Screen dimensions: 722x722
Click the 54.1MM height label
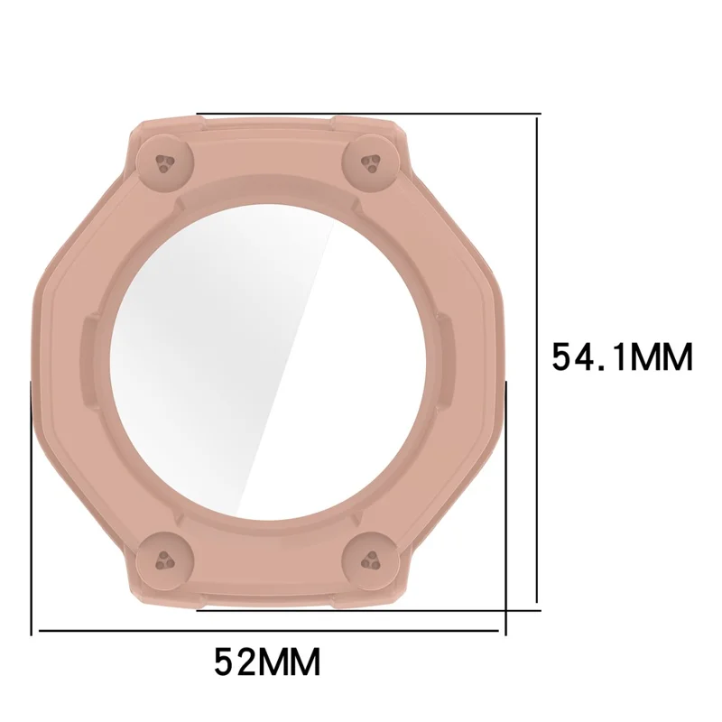click(x=622, y=356)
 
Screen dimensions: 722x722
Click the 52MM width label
click(x=267, y=662)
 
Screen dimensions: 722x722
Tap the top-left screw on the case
click(x=165, y=163)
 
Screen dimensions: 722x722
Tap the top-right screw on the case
click(x=371, y=163)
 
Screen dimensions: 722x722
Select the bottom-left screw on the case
click(x=165, y=560)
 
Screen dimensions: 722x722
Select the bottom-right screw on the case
click(x=371, y=560)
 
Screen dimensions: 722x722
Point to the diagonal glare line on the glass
click(x=284, y=364)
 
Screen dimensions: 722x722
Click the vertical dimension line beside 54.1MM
click(x=536, y=360)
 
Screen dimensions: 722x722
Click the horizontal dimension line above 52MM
click(x=269, y=630)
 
